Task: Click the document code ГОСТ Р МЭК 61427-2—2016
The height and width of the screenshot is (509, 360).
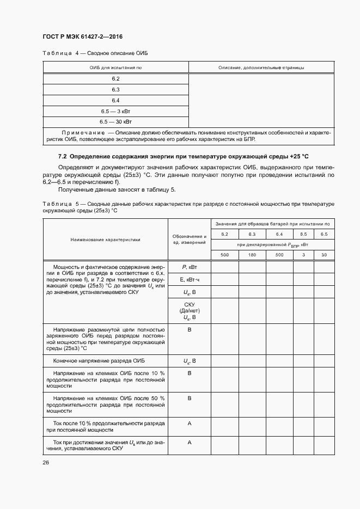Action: click(82, 37)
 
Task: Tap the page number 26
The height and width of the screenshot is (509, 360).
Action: click(46, 462)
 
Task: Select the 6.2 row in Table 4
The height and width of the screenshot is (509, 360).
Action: click(115, 79)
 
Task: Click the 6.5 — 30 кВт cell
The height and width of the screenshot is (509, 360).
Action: click(115, 121)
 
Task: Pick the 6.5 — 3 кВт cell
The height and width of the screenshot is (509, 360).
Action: click(115, 111)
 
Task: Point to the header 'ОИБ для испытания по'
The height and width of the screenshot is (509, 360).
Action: click(115, 68)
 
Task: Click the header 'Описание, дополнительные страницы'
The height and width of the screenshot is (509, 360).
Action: click(261, 68)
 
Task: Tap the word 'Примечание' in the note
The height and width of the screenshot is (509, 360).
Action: click(83, 132)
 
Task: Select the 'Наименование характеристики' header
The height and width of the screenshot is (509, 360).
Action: click(105, 239)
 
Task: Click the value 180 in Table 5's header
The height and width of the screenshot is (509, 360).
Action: click(252, 255)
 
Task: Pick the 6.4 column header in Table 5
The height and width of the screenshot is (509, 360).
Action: click(279, 234)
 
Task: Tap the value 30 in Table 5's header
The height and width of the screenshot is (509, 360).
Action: click(324, 255)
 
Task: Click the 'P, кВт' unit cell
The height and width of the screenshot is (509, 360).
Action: click(190, 267)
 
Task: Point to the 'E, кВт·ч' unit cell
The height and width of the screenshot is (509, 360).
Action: click(190, 279)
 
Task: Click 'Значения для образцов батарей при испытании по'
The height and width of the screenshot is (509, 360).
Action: click(272, 224)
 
